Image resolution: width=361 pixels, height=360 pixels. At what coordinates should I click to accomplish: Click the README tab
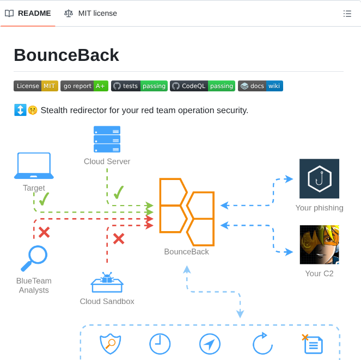(28, 13)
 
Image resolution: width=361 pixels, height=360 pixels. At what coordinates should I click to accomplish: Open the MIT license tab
(90, 13)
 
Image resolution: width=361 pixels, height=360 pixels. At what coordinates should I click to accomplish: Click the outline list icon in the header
(347, 14)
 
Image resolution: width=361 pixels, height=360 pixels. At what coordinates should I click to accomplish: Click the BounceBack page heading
(66, 55)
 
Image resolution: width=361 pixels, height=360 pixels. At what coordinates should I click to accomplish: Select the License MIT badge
(36, 86)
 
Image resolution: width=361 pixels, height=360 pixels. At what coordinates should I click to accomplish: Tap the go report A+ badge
(84, 86)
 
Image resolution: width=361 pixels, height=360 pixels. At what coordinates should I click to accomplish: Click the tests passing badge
(139, 86)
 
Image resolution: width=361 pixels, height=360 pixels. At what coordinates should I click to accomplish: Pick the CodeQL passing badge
(203, 86)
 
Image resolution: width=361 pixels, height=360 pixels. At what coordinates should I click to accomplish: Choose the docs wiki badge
(260, 86)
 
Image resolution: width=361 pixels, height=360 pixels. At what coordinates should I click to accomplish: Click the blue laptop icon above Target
(34, 166)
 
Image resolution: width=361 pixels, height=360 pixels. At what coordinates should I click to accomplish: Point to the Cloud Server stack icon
(107, 139)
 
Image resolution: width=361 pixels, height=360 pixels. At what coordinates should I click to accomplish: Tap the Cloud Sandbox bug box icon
(107, 283)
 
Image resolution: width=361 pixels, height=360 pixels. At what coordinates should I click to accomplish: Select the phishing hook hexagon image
(319, 178)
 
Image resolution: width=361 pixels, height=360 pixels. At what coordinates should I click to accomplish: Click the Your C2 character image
(319, 245)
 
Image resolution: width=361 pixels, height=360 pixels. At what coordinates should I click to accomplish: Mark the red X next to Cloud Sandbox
(118, 238)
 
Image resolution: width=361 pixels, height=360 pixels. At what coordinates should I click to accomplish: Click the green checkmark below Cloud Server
(119, 191)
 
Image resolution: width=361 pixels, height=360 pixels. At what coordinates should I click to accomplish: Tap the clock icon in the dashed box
(160, 344)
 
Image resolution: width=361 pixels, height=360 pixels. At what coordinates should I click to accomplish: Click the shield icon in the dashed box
(109, 344)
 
